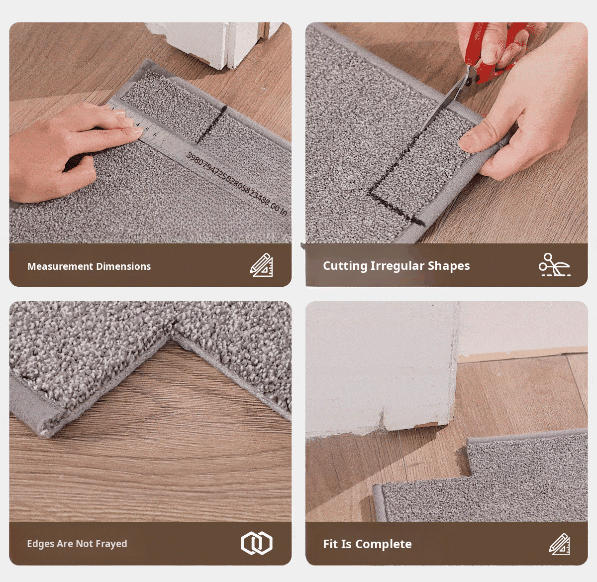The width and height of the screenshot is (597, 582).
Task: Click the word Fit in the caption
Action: tap(331, 544)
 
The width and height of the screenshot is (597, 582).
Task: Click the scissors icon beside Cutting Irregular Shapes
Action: tap(554, 265)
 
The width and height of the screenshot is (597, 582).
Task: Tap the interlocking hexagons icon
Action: tap(257, 543)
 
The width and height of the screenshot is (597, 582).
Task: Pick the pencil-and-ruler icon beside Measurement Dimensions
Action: tap(261, 265)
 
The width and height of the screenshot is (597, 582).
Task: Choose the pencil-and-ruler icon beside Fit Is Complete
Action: tap(559, 544)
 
